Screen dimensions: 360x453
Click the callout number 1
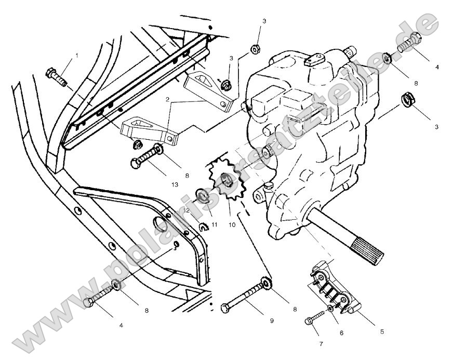[x=76, y=55]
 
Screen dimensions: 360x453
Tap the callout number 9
[x=272, y=321]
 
